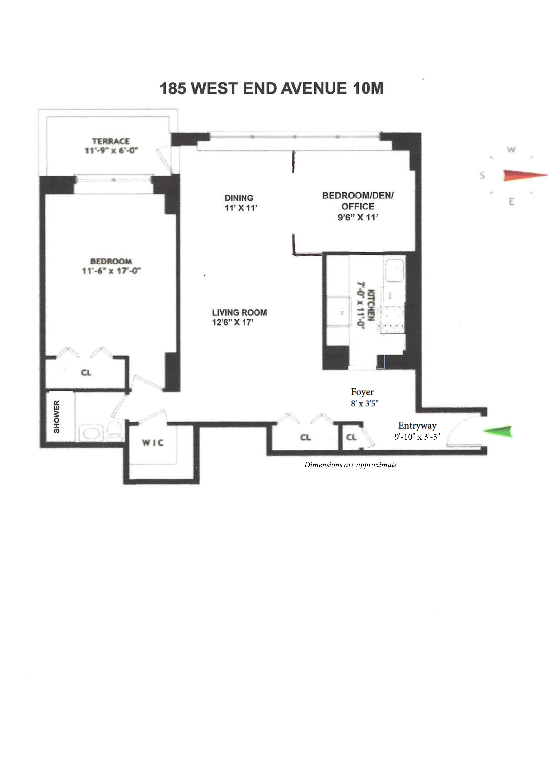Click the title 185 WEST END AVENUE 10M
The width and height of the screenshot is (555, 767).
[x=271, y=89]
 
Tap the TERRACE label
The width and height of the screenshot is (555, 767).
[x=111, y=141]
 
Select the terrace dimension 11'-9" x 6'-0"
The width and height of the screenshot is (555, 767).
[x=111, y=150]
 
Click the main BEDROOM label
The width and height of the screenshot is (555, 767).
[x=111, y=261]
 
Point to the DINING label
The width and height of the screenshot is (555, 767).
[x=239, y=198]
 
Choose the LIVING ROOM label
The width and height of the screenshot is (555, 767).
[x=239, y=312]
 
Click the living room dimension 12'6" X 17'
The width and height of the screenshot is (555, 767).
[x=233, y=322]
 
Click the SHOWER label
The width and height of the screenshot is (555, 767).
[x=56, y=417]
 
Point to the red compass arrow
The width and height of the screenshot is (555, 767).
[x=524, y=175]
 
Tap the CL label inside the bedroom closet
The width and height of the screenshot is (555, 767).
[x=86, y=373]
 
